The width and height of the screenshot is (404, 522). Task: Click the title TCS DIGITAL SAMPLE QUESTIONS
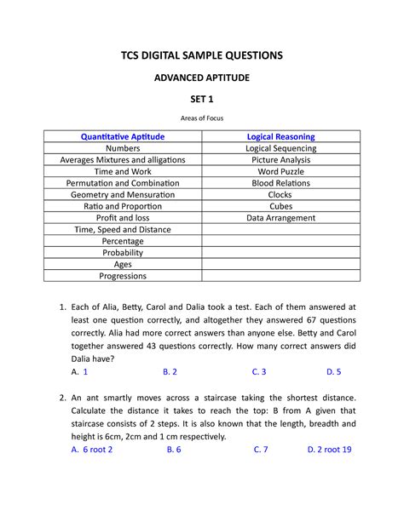tap(202, 55)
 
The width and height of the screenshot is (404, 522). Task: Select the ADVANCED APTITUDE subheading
tap(202, 78)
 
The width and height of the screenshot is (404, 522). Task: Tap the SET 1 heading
tap(202, 101)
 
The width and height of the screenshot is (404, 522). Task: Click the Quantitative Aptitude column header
tap(123, 136)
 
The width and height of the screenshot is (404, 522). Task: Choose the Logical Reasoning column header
tap(280, 136)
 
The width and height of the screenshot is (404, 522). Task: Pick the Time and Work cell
tap(123, 171)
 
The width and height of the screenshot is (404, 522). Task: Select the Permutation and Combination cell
tap(123, 183)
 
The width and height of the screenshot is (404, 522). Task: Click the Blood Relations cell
tap(280, 183)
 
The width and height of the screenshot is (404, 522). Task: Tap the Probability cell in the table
tap(123, 253)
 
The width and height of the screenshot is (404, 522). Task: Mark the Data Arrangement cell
tap(280, 218)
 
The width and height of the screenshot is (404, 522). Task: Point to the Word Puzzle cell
tap(280, 171)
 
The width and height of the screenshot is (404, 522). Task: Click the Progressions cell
tap(123, 276)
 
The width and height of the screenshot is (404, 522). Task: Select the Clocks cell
tap(280, 195)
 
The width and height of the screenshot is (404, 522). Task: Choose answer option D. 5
tap(333, 372)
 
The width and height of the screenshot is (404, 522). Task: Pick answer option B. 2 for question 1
tap(170, 372)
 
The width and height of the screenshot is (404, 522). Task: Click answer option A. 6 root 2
tap(92, 450)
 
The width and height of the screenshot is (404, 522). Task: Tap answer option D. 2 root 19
tap(329, 450)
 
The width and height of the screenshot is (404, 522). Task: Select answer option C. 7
tap(260, 450)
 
